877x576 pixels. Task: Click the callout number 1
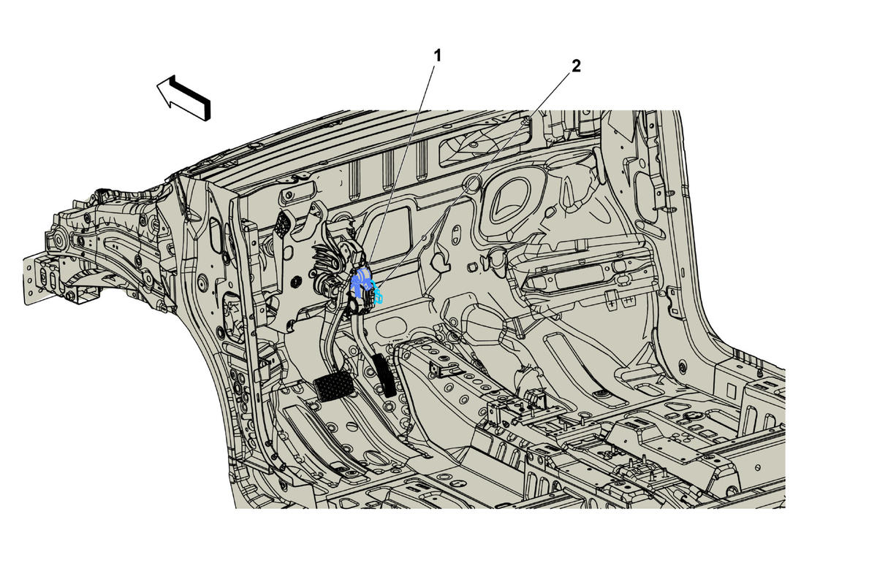point(438,56)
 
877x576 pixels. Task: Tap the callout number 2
point(576,66)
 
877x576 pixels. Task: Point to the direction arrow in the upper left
point(184,98)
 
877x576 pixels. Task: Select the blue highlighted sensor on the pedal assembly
point(360,281)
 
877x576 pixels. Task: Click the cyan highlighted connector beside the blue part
point(377,293)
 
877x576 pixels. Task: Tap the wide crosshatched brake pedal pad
point(334,385)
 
